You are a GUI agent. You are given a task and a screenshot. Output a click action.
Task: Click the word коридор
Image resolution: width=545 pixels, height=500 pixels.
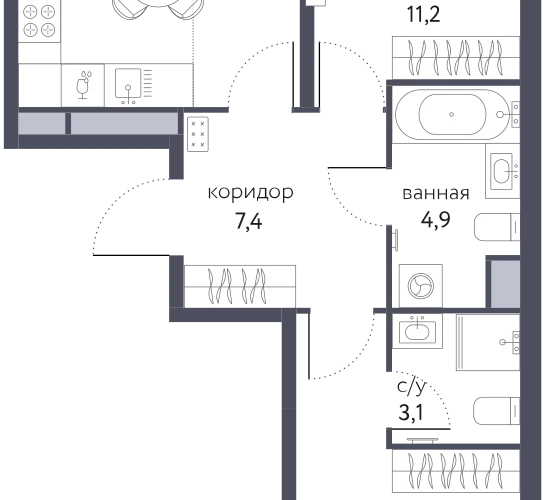[x=250, y=193]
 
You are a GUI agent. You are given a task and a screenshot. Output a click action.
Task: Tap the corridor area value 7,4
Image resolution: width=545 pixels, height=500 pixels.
[x=249, y=221]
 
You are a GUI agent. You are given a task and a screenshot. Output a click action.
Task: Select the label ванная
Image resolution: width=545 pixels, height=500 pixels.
[x=436, y=194]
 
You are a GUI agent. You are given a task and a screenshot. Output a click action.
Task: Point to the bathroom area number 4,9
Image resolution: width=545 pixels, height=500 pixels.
[x=436, y=219]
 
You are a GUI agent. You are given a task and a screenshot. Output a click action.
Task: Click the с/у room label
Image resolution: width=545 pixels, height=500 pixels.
[x=412, y=386]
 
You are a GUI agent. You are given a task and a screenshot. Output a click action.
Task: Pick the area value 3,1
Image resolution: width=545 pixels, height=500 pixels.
[x=411, y=413]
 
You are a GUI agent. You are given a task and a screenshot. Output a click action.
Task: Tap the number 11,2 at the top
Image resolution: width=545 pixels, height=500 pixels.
[x=423, y=15]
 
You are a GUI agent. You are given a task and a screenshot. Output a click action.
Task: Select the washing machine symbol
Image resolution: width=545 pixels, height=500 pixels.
[x=421, y=286]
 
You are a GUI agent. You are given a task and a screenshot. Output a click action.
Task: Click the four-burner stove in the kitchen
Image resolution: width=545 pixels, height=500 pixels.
[x=39, y=21]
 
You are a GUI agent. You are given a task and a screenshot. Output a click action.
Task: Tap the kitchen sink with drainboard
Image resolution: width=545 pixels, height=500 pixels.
[x=133, y=85]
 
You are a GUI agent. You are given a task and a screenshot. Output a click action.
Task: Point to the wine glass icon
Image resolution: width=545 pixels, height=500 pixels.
[x=83, y=85]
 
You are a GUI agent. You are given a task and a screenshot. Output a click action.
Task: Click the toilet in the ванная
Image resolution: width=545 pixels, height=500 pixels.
[x=497, y=227]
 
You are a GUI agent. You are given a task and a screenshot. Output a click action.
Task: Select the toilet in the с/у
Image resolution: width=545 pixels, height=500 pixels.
[x=497, y=411]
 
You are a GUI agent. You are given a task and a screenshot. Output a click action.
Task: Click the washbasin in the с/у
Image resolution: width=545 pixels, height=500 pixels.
[x=417, y=331]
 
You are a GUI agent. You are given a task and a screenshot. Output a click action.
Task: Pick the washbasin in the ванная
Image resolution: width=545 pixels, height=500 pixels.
[x=503, y=171]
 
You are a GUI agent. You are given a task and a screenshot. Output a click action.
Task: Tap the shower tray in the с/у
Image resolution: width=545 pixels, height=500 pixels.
[x=488, y=342]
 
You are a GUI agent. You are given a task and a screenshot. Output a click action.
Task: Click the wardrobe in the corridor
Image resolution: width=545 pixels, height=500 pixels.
[x=240, y=286]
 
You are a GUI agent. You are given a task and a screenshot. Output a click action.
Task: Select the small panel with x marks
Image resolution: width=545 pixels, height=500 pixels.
[x=198, y=134]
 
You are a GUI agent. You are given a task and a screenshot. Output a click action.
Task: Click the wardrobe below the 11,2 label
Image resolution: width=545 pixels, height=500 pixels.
[x=456, y=58]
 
